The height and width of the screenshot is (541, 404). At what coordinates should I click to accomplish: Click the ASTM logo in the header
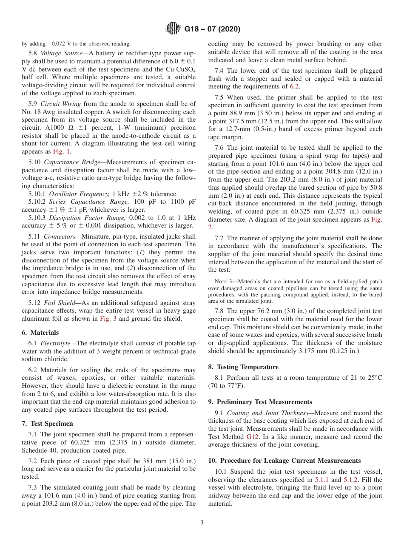click(173, 29)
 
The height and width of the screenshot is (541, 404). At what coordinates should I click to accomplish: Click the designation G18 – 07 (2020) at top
click(212, 29)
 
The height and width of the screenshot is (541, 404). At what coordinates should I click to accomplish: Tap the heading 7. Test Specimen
click(47, 424)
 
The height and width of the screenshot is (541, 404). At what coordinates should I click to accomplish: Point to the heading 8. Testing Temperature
click(243, 367)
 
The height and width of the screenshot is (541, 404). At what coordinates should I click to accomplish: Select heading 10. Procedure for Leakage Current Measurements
click(284, 461)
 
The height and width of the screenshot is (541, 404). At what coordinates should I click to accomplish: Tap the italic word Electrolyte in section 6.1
click(57, 343)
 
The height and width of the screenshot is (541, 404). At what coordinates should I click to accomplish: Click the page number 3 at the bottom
click(202, 523)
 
